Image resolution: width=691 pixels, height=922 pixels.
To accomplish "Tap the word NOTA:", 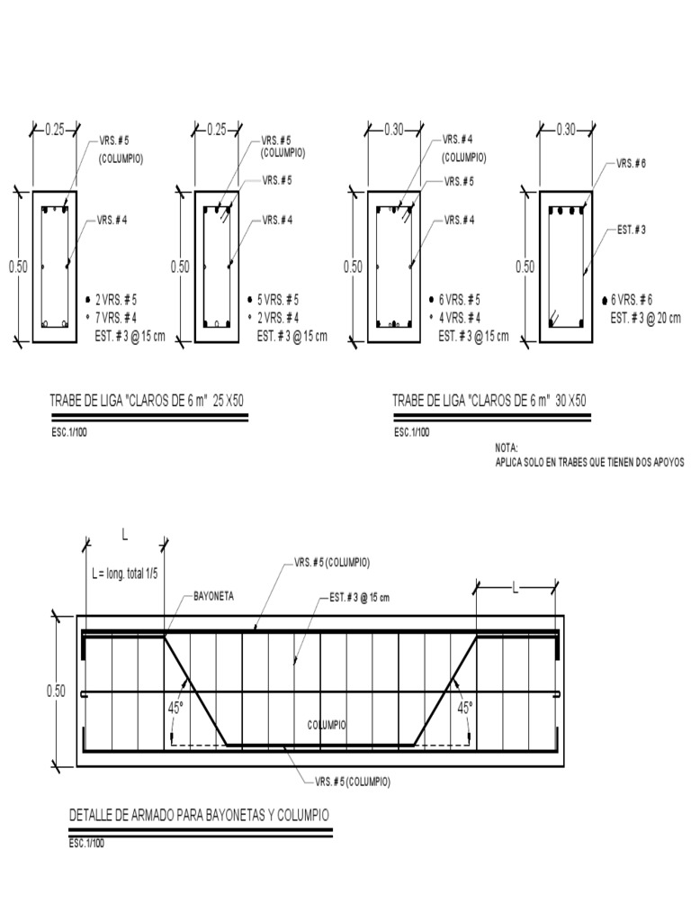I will [x=507, y=447].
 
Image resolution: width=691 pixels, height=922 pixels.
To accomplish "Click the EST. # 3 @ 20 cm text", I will [x=645, y=318].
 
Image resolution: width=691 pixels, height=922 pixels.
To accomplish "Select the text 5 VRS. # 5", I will [x=278, y=299].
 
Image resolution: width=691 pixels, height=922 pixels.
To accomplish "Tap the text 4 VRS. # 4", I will [x=459, y=318].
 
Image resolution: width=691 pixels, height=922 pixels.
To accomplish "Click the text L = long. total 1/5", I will [x=124, y=574].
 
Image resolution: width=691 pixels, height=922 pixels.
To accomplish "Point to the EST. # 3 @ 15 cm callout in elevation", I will [x=359, y=597].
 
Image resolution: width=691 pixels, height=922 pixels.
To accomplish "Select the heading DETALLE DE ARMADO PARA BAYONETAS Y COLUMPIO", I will [x=199, y=815].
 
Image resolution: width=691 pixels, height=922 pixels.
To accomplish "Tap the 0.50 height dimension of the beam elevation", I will [x=56, y=691].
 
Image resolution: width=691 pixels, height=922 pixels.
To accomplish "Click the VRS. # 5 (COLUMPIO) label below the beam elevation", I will [x=352, y=781].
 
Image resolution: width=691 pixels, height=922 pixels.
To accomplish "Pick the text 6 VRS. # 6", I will [x=632, y=300].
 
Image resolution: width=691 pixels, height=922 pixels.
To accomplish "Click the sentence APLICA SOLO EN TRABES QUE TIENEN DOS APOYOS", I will [x=589, y=462].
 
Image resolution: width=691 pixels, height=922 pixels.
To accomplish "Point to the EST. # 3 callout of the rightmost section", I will [x=632, y=230].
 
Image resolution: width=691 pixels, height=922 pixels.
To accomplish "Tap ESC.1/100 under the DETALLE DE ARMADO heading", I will [x=87, y=845].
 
